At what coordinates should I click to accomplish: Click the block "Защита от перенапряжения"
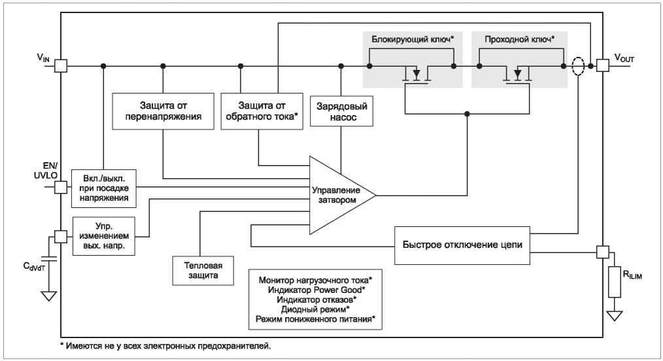163,111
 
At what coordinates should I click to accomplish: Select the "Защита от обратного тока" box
262,111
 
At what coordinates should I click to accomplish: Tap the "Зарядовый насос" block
342,111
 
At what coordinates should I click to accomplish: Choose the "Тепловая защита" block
203,271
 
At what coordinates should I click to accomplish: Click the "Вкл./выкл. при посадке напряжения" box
104,188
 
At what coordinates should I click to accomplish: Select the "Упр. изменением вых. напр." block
104,236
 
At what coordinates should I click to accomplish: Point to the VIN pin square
61,66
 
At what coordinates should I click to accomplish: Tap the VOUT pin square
603,65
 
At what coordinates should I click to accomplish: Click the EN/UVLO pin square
61,187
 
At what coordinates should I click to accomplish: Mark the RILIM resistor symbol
615,281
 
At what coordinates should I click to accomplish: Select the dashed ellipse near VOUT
578,66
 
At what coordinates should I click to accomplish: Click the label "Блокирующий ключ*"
413,40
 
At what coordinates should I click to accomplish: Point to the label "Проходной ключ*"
520,40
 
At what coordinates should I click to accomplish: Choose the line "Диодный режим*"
315,309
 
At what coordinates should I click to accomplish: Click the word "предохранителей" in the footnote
233,346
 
